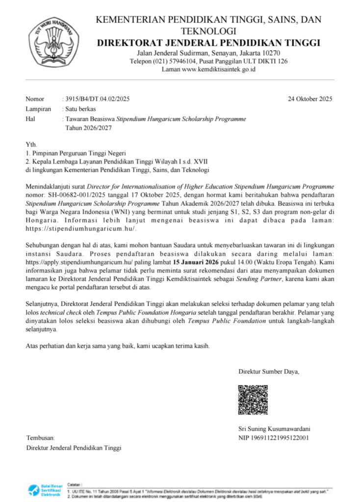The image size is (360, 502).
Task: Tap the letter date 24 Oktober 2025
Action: (x=310, y=99)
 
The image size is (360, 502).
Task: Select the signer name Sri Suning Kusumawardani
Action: (x=274, y=428)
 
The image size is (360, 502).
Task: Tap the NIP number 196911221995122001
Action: (x=283, y=438)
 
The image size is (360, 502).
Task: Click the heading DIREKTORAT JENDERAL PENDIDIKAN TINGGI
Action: (x=208, y=43)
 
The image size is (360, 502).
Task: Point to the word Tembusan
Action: (x=40, y=438)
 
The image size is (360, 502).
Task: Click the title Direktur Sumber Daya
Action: (x=268, y=371)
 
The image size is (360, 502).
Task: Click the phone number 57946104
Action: (x=184, y=61)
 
